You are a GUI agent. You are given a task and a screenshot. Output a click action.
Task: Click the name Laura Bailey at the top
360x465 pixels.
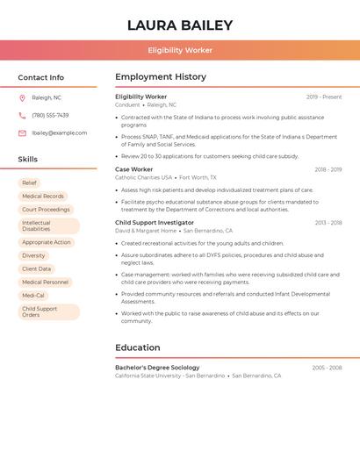tap(180, 25)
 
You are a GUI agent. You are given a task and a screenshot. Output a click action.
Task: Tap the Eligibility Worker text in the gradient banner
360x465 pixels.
tap(180, 50)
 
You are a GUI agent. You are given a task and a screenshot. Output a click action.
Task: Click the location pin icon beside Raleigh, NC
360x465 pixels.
tap(22, 97)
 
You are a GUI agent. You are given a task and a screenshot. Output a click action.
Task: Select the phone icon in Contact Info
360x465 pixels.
tap(22, 115)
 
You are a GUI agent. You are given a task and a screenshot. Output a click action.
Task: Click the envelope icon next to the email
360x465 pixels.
tap(22, 132)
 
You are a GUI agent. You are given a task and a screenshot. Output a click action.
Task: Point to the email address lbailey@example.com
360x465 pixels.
tap(60, 132)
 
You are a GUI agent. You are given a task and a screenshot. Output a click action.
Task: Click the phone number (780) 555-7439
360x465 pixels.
tap(50, 115)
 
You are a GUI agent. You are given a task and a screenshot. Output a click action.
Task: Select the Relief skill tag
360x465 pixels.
tap(29, 182)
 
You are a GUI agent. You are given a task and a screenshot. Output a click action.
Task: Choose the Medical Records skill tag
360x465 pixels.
tap(43, 196)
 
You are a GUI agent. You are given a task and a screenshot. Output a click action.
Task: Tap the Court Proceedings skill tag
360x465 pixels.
tap(46, 210)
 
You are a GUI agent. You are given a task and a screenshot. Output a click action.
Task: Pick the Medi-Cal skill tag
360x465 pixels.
tap(33, 296)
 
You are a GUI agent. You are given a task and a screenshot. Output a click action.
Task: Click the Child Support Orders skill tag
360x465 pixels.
tap(40, 311)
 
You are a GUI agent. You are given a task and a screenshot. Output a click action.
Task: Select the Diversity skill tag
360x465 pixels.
tap(33, 255)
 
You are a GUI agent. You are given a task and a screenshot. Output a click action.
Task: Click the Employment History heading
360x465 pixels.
tap(160, 77)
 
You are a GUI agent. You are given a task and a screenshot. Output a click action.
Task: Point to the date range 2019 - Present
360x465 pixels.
tap(324, 97)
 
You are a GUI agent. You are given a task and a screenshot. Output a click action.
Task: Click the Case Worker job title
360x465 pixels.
tap(133, 169)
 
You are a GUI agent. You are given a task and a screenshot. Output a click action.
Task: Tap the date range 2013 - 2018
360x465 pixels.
tap(328, 223)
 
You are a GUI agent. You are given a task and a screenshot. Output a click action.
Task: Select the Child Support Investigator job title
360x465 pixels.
tap(155, 223)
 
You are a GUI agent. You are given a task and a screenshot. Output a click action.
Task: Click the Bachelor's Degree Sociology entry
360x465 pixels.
tap(157, 368)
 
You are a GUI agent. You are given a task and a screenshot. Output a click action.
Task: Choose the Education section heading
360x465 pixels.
tap(137, 347)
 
